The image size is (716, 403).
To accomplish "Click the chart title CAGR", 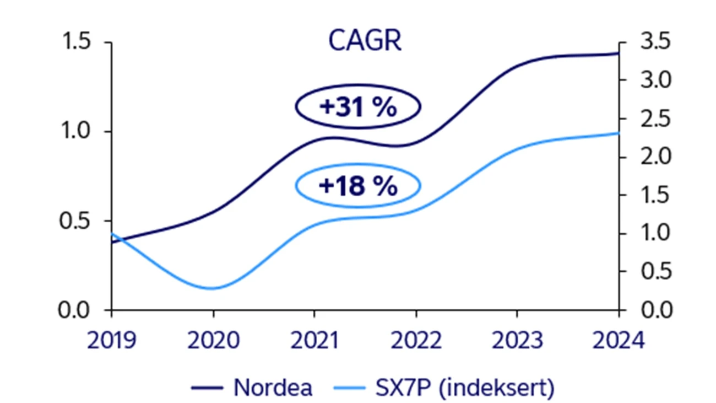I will (365, 41).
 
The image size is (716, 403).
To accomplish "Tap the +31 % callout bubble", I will (358, 107).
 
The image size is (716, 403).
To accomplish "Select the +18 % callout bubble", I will (358, 186).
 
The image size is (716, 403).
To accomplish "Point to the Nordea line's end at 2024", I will (618, 53).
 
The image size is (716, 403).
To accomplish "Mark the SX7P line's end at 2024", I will (618, 133).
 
